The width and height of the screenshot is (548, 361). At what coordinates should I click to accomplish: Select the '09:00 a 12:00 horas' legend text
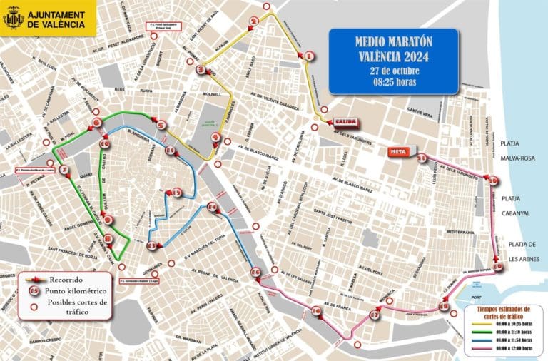tap(512, 351)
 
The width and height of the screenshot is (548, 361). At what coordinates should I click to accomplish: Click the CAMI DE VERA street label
tap(420, 111)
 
